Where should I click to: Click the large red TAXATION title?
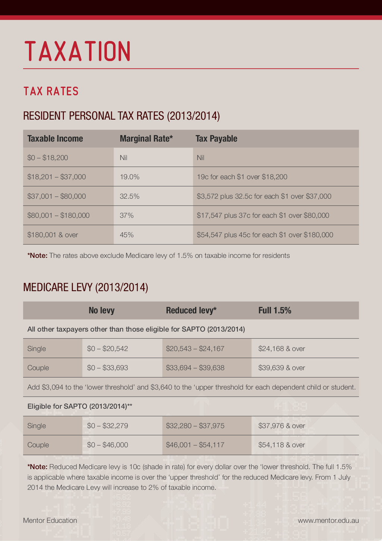pyautogui.click(x=78, y=51)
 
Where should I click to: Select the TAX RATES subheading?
pyautogui.click(x=51, y=91)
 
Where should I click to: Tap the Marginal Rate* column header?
pyautogui.click(x=146, y=139)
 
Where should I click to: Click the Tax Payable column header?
pyautogui.click(x=216, y=139)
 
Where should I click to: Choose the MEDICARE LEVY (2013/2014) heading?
pyautogui.click(x=85, y=287)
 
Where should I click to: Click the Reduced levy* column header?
pyautogui.click(x=191, y=310)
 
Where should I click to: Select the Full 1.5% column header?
pyautogui.click(x=275, y=310)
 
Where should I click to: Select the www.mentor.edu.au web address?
pyautogui.click(x=328, y=520)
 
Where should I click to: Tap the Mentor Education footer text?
pyautogui.click(x=50, y=520)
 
